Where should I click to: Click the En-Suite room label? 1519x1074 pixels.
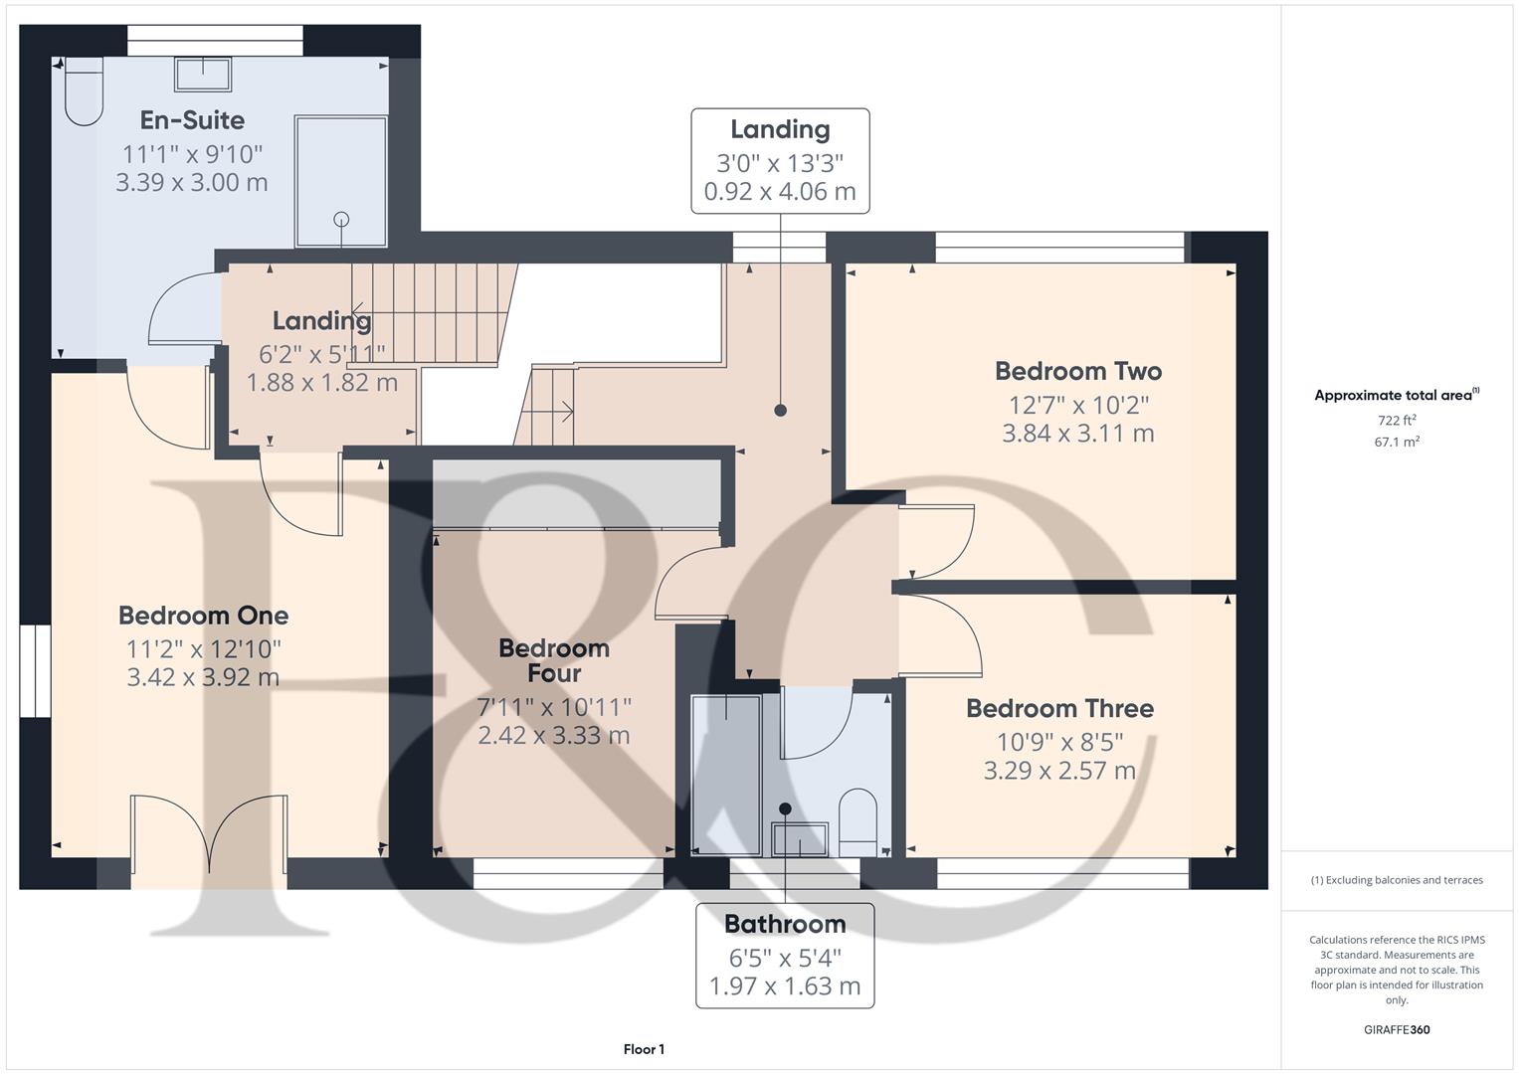click(192, 120)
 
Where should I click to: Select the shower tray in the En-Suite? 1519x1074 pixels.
click(340, 182)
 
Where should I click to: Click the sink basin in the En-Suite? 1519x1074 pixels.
click(203, 75)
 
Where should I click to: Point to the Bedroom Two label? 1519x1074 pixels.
click(1078, 371)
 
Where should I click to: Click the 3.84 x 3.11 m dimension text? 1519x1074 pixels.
click(1078, 434)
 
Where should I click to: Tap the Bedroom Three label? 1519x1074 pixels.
click(1059, 708)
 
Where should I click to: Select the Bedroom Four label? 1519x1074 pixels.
click(554, 660)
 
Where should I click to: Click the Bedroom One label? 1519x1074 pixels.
click(203, 615)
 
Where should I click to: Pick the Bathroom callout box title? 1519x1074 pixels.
click(785, 924)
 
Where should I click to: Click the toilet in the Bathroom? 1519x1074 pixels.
click(857, 822)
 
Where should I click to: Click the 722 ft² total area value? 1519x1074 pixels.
click(1397, 420)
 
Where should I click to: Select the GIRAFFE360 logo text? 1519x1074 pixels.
click(1397, 1029)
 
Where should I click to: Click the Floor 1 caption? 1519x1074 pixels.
click(644, 1049)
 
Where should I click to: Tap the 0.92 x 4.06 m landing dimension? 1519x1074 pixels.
click(780, 192)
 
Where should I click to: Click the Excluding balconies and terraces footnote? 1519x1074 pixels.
click(1397, 880)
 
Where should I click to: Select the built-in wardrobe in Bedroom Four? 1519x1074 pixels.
click(576, 493)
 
